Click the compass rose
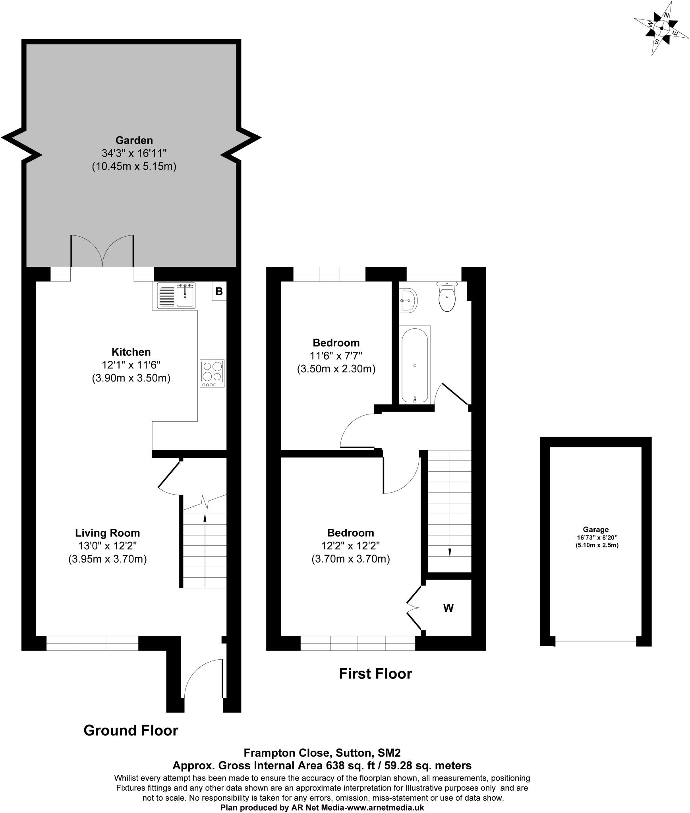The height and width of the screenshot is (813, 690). click(x=661, y=28)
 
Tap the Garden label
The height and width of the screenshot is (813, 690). click(x=134, y=140)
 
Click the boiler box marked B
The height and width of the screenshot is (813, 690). click(x=219, y=291)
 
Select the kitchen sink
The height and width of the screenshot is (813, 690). click(x=176, y=295)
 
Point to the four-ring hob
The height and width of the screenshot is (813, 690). click(x=212, y=373)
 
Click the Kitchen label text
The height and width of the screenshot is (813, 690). click(x=131, y=352)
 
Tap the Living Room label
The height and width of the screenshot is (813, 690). click(x=108, y=532)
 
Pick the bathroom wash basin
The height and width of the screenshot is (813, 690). click(x=408, y=300)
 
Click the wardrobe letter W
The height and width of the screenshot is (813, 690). click(x=448, y=608)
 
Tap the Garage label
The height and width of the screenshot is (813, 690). click(x=595, y=529)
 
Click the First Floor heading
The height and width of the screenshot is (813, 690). click(x=375, y=673)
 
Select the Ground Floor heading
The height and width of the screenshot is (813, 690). click(x=131, y=730)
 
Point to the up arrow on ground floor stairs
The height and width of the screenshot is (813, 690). click(x=205, y=517)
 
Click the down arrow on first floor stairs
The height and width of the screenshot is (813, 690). click(x=450, y=552)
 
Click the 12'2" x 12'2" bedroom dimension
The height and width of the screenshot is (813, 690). click(x=350, y=545)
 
